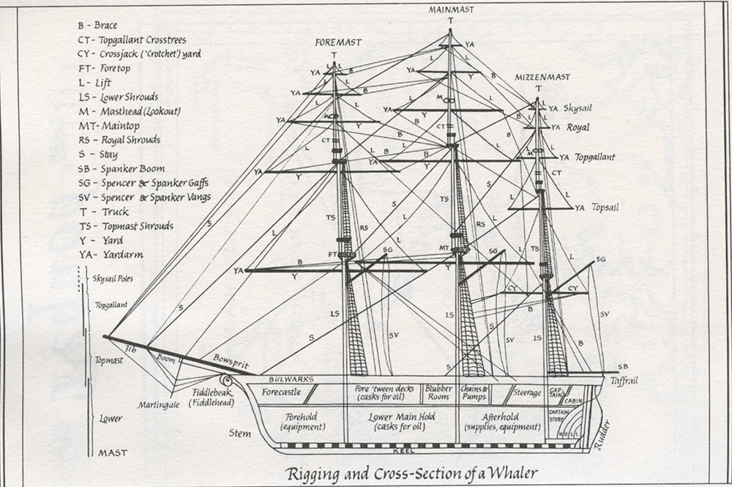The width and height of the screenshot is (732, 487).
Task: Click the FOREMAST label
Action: pos(334,42)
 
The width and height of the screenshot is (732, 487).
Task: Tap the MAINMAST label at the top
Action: pos(449,9)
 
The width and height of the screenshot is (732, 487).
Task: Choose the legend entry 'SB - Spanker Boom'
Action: pos(125,168)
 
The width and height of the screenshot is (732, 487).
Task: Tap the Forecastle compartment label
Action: pos(280,392)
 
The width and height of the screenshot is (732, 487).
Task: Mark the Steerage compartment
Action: pos(526,393)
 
